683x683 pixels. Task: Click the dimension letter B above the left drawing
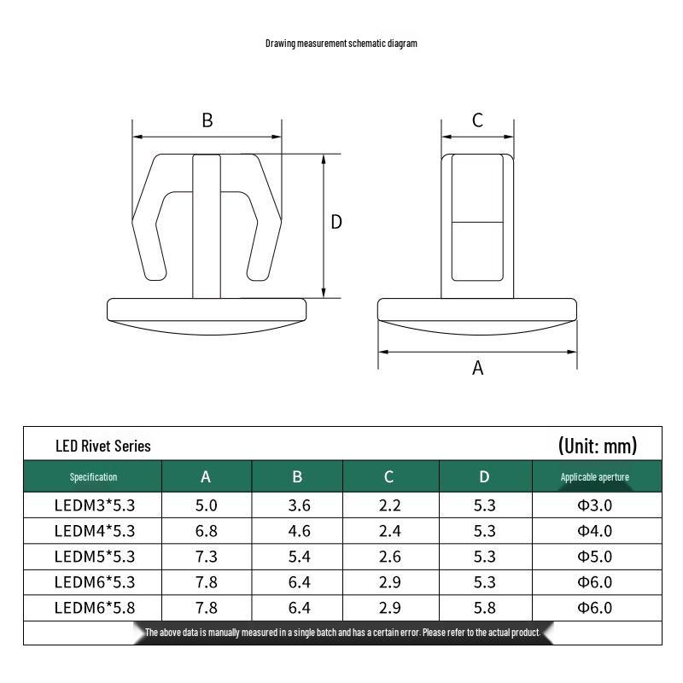point(207,120)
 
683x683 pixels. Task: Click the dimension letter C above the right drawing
point(477,120)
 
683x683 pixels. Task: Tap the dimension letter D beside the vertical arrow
point(336,222)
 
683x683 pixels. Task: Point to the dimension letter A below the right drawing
point(478,368)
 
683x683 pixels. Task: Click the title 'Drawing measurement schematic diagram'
point(341,44)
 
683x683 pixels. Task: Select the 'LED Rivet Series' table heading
point(103,446)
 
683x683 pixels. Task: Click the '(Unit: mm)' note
point(598,446)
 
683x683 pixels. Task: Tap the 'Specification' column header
point(93,477)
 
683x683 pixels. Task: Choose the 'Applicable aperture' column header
point(594,477)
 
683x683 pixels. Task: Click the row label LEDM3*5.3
point(95,505)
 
